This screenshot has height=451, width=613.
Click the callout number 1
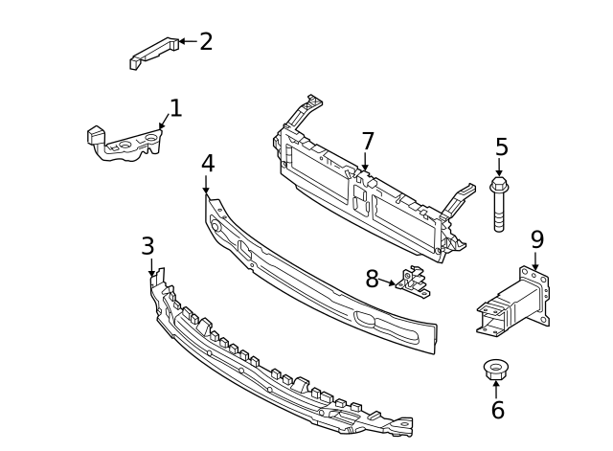click(x=175, y=108)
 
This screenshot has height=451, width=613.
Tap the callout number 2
click(x=206, y=41)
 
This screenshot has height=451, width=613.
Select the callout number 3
click(x=148, y=246)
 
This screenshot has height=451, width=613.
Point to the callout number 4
click(x=208, y=164)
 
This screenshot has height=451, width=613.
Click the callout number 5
click(x=501, y=147)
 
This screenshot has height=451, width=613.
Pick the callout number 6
click(x=497, y=411)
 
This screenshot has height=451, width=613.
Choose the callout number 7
click(x=368, y=142)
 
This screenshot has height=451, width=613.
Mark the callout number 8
click(x=372, y=280)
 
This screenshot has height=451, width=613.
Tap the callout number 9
click(x=537, y=239)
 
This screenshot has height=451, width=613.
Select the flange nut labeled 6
click(x=496, y=368)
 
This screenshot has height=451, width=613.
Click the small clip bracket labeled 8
click(x=414, y=282)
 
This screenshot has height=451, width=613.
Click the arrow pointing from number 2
click(x=187, y=41)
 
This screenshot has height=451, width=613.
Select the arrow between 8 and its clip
click(x=388, y=282)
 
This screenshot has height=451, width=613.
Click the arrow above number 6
click(x=496, y=388)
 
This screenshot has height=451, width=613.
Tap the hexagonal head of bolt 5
click(x=499, y=184)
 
